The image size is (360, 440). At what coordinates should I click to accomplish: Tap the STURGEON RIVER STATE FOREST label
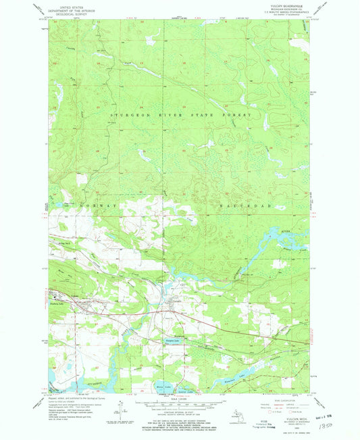[x=181, y=116]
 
